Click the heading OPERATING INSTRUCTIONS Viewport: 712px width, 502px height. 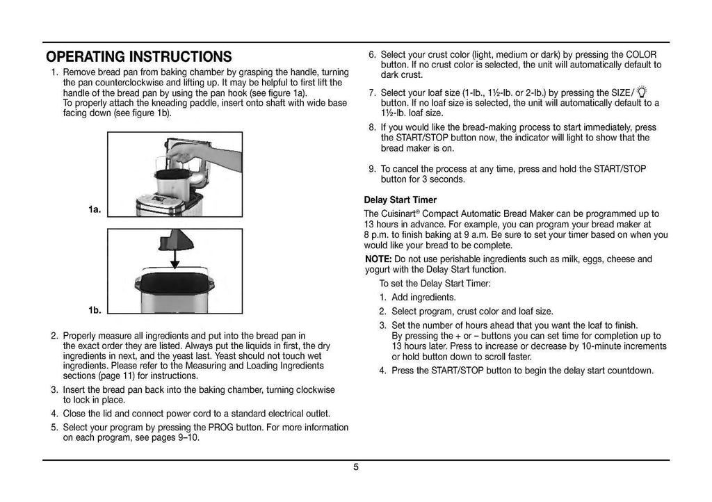[x=139, y=56]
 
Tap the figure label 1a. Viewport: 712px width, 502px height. [x=95, y=207]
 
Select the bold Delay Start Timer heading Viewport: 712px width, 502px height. [x=400, y=200]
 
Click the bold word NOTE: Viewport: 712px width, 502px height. [x=378, y=259]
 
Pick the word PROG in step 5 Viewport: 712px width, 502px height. [x=225, y=426]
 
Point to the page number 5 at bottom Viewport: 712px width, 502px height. [x=355, y=467]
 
